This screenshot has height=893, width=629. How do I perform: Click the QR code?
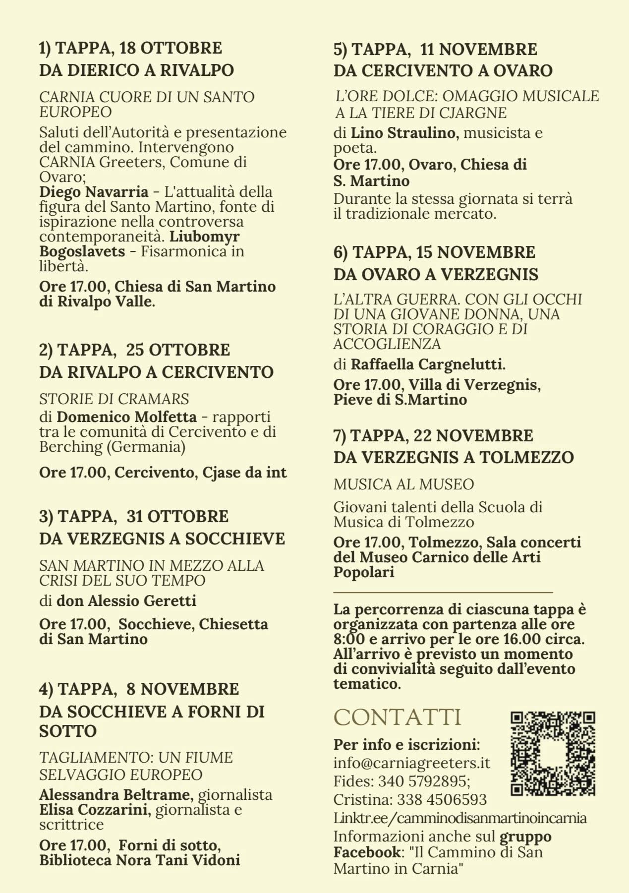pyautogui.click(x=553, y=754)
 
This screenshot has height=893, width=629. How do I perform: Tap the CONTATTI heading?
pyautogui.click(x=398, y=717)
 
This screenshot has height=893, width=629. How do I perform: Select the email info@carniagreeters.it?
pyautogui.click(x=411, y=762)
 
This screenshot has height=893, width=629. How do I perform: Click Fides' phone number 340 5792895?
pyautogui.click(x=423, y=781)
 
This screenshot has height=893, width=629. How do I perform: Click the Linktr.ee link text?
pyautogui.click(x=460, y=818)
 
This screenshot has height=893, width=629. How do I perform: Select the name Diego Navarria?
pyautogui.click(x=94, y=191)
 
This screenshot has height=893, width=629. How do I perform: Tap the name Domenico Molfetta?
pyautogui.click(x=126, y=417)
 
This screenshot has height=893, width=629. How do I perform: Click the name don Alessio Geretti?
pyautogui.click(x=126, y=600)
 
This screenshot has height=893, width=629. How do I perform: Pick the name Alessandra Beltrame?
pyautogui.click(x=114, y=794)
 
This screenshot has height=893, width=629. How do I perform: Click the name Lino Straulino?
pyautogui.click(x=403, y=133)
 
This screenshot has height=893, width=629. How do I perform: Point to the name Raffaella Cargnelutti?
pyautogui.click(x=427, y=364)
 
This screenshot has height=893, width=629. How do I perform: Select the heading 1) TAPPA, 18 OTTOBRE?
pyautogui.click(x=130, y=48)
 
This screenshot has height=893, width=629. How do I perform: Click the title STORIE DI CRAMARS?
pyautogui.click(x=114, y=399)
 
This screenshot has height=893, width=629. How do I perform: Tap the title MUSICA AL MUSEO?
pyautogui.click(x=403, y=484)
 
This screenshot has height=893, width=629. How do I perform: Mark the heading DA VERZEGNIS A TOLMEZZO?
pyautogui.click(x=454, y=457)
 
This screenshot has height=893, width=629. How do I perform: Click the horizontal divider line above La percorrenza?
pyautogui.click(x=443, y=592)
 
